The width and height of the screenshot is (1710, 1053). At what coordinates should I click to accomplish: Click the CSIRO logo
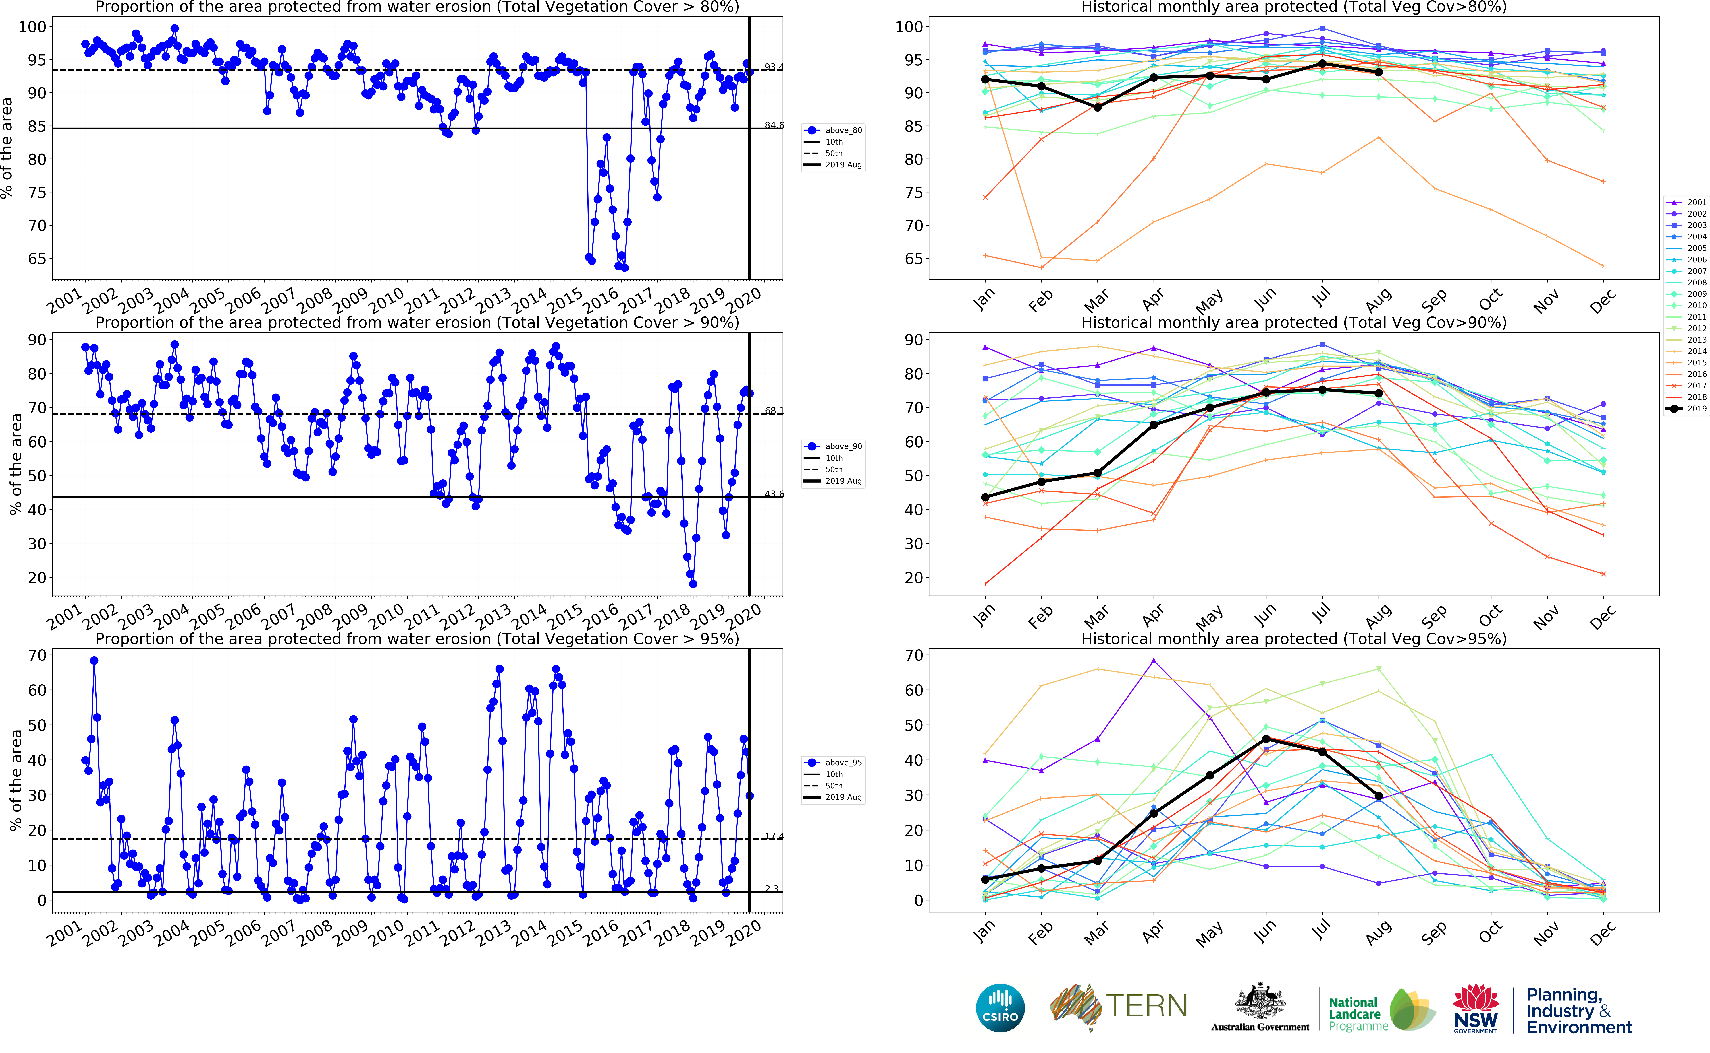(x=1000, y=1008)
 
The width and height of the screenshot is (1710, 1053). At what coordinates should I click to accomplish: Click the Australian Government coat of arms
(x=1260, y=1001)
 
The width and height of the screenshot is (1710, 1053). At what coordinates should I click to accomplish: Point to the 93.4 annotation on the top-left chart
(x=774, y=67)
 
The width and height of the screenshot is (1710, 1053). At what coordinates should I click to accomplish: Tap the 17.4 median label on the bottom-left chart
(x=774, y=836)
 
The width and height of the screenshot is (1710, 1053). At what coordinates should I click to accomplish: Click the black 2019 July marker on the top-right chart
(x=1322, y=64)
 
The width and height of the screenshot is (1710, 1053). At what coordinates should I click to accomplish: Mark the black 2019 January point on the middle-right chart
(x=985, y=497)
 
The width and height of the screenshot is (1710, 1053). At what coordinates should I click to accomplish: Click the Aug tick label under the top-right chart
(x=1378, y=301)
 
